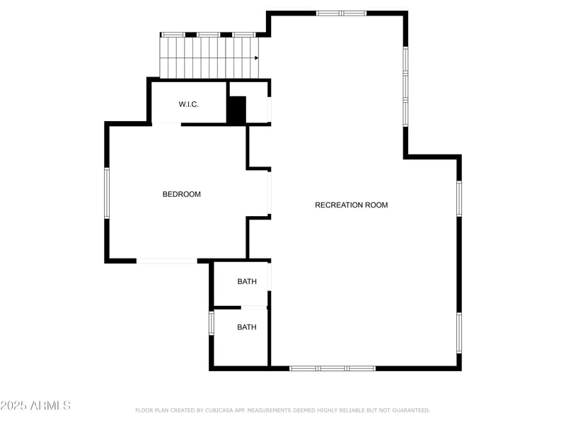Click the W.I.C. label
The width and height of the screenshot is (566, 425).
(x=188, y=105)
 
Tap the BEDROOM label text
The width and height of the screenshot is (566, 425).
(x=182, y=194)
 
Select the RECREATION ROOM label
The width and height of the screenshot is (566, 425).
(x=351, y=205)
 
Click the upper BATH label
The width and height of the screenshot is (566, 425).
(x=247, y=282)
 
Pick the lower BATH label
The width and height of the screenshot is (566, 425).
(x=247, y=327)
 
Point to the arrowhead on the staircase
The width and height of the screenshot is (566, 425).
(x=256, y=58)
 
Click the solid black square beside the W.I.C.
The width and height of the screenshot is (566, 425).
(x=236, y=110)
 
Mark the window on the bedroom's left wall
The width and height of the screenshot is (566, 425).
(x=107, y=193)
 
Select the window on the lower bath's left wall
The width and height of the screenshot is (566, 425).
(x=211, y=323)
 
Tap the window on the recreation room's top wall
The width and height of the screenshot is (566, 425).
(x=341, y=13)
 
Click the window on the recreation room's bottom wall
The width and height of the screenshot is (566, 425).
(x=333, y=368)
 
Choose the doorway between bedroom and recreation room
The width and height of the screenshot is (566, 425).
(x=269, y=193)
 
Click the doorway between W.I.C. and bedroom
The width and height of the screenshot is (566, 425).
(x=166, y=124)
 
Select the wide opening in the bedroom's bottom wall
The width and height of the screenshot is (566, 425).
(x=166, y=261)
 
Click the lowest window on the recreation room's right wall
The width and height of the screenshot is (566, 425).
(x=458, y=333)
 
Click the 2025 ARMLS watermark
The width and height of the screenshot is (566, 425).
(x=35, y=406)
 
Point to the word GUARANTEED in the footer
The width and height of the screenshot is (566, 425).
(x=410, y=410)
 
